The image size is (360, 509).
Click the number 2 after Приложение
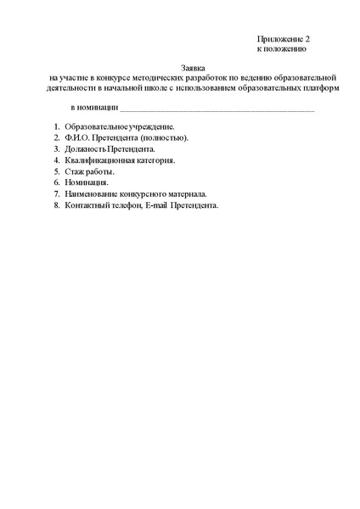pyautogui.click(x=308, y=40)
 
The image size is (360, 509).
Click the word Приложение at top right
pyautogui.click(x=280, y=40)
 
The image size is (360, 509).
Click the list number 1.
pyautogui.click(x=55, y=126)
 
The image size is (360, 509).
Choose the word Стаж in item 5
pyautogui.click(x=73, y=171)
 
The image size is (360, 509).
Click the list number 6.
pyautogui.click(x=55, y=182)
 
